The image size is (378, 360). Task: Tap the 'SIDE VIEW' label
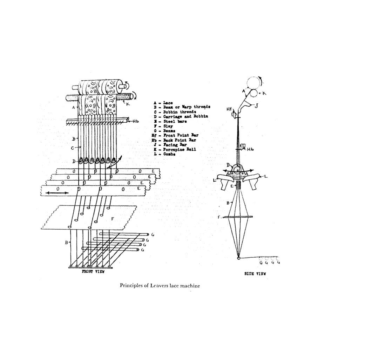click(255, 273)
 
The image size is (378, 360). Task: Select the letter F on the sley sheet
click(112, 219)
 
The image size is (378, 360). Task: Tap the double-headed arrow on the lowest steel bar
click(57, 192)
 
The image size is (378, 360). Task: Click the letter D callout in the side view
click(228, 165)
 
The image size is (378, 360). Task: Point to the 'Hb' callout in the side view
click(250, 149)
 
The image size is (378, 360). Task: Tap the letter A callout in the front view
click(74, 108)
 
